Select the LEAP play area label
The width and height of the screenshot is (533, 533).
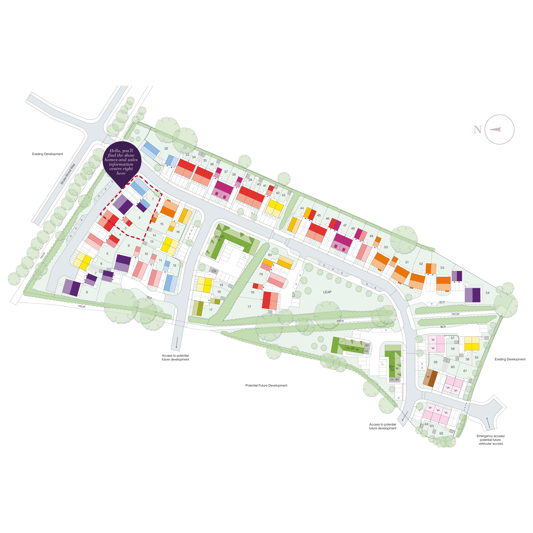[327, 292]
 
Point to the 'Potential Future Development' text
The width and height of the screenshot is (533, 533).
[266, 385]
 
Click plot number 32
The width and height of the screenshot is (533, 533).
[166, 148]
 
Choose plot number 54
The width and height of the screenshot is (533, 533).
[487, 293]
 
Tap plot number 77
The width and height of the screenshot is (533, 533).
[249, 307]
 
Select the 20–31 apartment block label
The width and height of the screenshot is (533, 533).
[219, 237]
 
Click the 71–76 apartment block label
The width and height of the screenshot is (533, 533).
[350, 348]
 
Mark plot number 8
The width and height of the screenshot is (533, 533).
[87, 292]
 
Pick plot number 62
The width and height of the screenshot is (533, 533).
[441, 433]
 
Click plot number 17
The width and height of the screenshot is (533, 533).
[211, 310]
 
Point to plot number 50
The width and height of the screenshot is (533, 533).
[386, 247]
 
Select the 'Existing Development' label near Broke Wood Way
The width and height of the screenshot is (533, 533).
[48, 154]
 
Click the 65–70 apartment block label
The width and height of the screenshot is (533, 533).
[392, 368]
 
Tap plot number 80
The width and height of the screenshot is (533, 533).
[270, 255]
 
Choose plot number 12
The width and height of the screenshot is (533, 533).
[174, 265]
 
